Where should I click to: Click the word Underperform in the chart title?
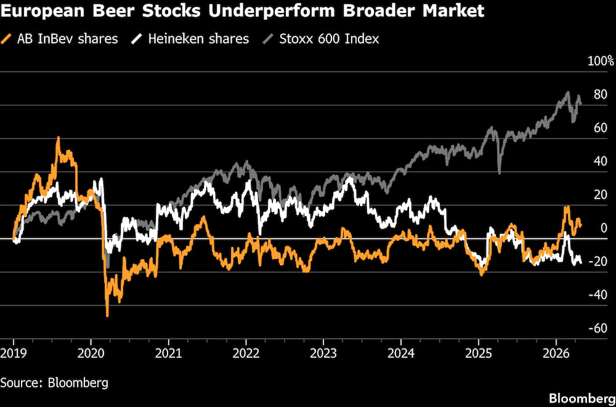(286, 11)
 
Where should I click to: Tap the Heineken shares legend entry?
(198, 39)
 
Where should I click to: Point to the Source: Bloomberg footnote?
(54, 382)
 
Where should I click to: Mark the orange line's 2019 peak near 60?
(58, 138)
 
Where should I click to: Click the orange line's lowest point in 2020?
(107, 315)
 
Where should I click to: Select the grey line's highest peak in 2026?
(568, 93)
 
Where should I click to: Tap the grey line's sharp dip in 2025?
(498, 173)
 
